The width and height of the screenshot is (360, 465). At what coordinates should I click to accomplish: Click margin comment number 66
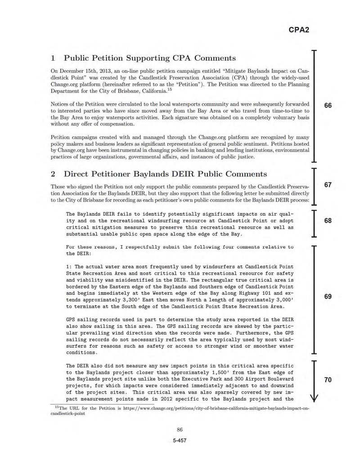(x=328, y=105)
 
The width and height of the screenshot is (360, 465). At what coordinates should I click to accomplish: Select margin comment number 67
(x=328, y=185)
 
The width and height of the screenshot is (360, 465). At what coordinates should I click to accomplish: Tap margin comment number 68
(x=328, y=221)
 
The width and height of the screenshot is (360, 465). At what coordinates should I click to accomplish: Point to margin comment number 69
(x=328, y=297)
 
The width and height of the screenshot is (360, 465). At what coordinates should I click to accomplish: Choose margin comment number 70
(x=328, y=380)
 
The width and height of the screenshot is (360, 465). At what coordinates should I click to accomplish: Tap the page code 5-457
(x=180, y=441)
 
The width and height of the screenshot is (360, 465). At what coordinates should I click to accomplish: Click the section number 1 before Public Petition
(x=54, y=58)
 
